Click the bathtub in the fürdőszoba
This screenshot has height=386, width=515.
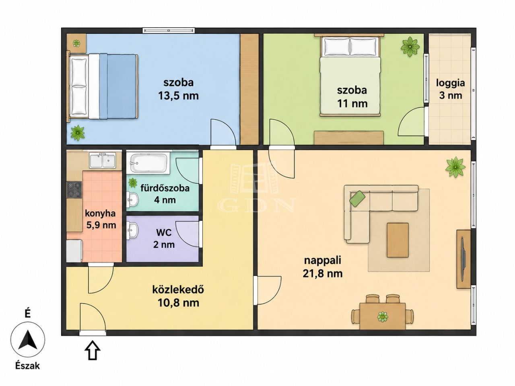[148, 163]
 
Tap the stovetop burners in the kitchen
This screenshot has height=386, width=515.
[74, 190]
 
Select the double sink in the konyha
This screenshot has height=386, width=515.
[103, 160]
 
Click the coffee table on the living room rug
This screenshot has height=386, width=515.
[398, 240]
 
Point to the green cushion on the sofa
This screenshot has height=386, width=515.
[357, 199]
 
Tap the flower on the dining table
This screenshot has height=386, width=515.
[383, 316]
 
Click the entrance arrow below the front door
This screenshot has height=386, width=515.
[93, 350]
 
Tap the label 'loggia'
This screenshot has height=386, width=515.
[451, 84]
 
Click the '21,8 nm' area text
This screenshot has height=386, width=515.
[322, 273]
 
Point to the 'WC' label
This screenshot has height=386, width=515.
[164, 233]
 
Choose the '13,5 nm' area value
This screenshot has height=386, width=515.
[178, 96]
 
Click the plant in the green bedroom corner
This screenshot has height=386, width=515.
[410, 46]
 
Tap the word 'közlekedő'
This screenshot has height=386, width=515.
[178, 289]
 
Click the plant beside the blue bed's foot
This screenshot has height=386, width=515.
[78, 133]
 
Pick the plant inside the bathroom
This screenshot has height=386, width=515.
[133, 183]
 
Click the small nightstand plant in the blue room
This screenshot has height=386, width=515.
[76, 43]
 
